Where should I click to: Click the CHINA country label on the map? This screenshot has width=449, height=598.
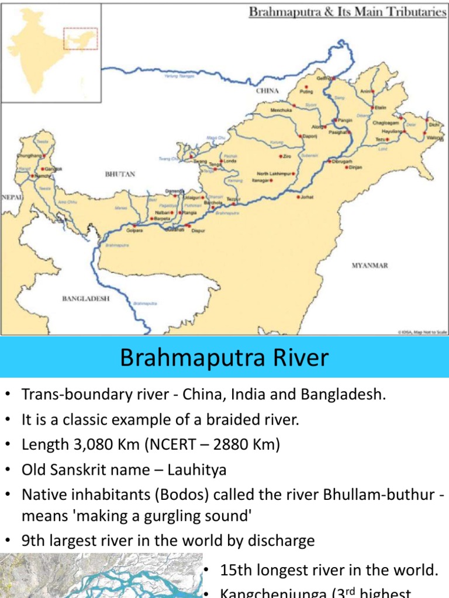click(267, 91)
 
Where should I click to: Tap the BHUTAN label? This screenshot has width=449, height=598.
click(120, 174)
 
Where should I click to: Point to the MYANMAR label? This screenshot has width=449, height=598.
click(369, 266)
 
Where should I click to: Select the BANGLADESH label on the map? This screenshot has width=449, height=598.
click(86, 298)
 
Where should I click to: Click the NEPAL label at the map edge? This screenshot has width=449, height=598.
click(12, 197)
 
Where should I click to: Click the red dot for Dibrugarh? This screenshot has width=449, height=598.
click(330, 161)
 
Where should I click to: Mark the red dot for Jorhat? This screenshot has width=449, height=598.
click(298, 197)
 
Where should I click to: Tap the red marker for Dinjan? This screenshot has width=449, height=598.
click(346, 167)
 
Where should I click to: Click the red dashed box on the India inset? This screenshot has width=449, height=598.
click(80, 39)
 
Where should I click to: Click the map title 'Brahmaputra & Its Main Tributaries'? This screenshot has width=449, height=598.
click(348, 12)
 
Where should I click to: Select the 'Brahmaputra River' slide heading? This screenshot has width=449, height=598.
click(224, 357)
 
